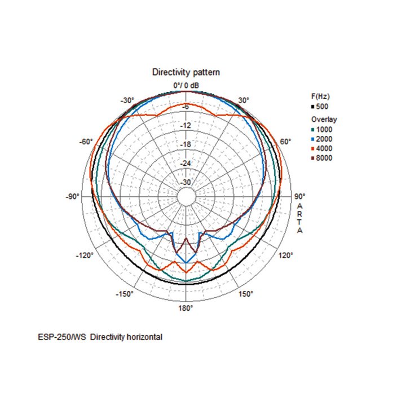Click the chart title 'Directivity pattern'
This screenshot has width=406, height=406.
tap(186, 72)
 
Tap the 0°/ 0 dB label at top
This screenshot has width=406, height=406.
tap(186, 85)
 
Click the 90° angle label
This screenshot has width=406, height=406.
tap(300, 196)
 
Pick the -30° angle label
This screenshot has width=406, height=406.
tap(127, 100)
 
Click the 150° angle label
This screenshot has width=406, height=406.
tap(246, 294)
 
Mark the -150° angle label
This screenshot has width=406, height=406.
tap(125, 294)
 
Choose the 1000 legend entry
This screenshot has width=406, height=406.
tap(324, 130)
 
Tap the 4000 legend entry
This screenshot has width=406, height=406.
tap(324, 148)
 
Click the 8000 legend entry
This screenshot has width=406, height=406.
tap(324, 158)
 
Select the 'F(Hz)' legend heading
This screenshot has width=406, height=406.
tap(319, 97)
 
